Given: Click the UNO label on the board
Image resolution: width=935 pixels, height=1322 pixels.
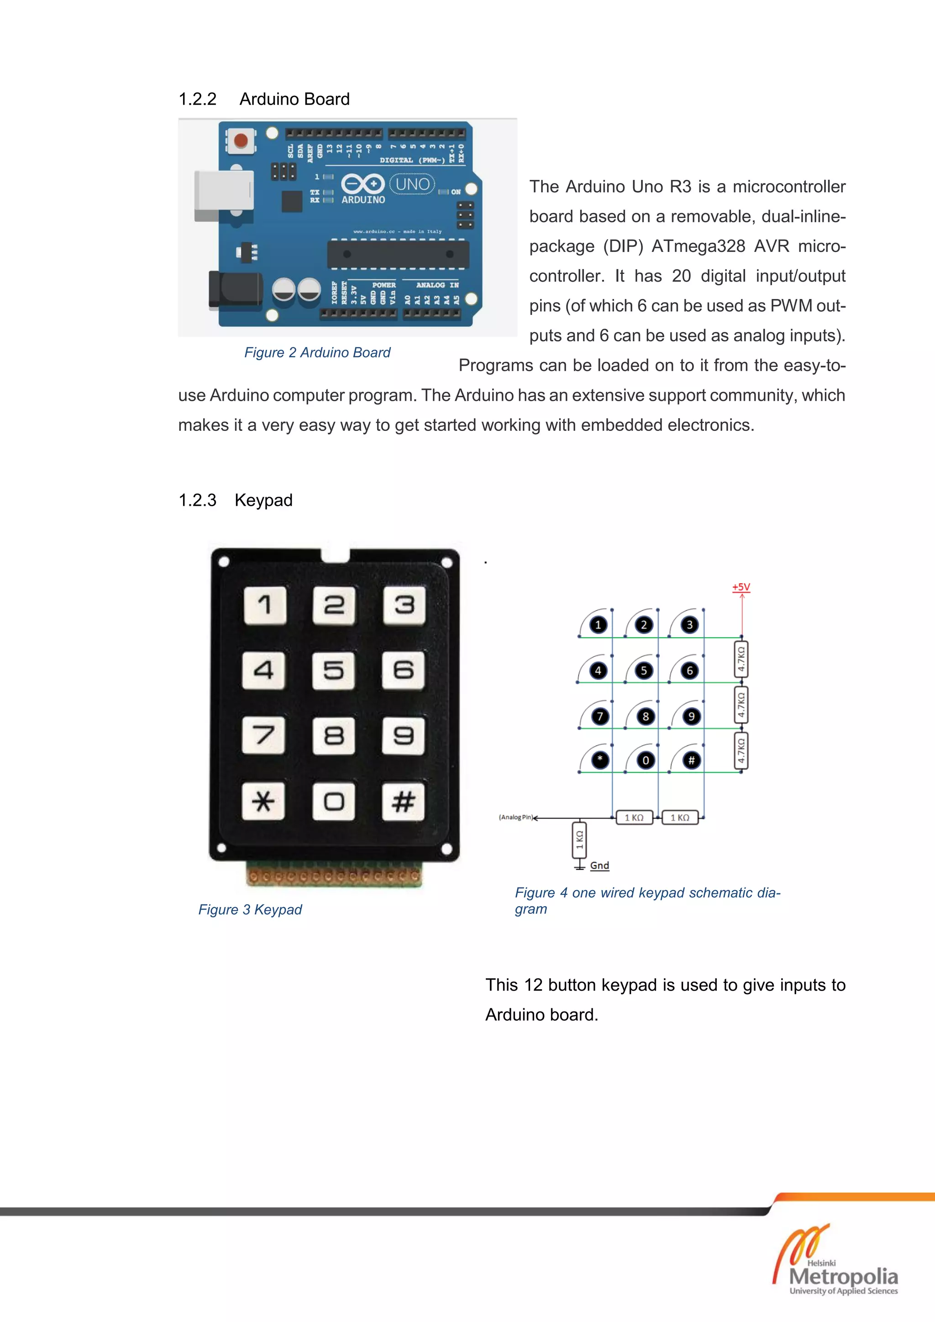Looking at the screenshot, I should [x=412, y=184].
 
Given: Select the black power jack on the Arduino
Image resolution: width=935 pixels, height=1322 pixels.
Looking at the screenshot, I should [x=235, y=289].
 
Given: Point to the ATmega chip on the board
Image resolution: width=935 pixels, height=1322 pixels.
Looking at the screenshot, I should [x=398, y=254].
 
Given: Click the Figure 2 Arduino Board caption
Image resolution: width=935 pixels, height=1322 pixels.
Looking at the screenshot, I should [x=317, y=352].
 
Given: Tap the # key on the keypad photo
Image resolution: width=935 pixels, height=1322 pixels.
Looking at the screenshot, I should [x=403, y=801].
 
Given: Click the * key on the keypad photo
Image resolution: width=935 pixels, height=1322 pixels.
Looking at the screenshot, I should [x=263, y=801].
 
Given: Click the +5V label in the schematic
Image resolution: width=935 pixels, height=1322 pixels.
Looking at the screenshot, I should [x=741, y=587].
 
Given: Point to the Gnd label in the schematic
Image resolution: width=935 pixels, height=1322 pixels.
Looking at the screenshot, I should [x=599, y=866].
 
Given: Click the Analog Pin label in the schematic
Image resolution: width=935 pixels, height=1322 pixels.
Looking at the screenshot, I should [x=515, y=817].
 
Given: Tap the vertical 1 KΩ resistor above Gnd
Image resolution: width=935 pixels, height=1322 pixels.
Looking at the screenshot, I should [x=580, y=840].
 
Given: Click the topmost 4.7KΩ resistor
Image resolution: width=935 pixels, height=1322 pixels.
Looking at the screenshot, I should [x=741, y=660].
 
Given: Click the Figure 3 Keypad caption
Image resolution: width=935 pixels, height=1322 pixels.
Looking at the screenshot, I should [x=250, y=909].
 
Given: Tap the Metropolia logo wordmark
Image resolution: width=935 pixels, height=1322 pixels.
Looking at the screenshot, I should [x=843, y=1276].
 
